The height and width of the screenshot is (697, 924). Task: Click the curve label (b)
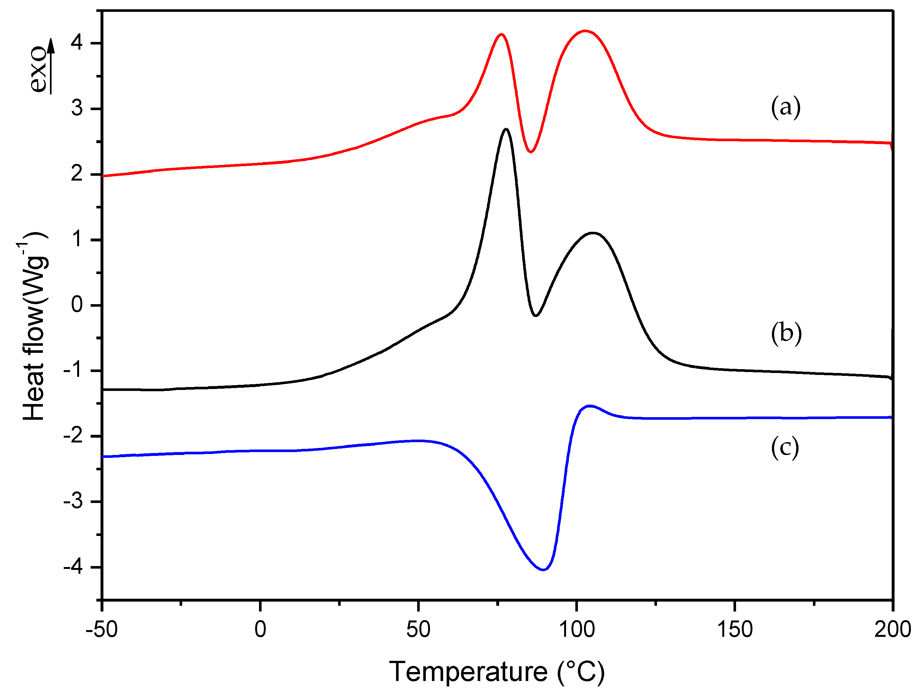coord(786,334)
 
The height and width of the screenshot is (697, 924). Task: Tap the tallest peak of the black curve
coord(506,129)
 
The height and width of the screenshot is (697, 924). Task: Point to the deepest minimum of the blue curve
coord(543,570)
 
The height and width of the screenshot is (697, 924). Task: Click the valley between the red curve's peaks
coord(531,151)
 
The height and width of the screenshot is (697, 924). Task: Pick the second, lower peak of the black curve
coord(592,233)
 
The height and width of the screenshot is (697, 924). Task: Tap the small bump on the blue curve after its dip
coord(590,406)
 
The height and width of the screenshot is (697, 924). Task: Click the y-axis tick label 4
coord(77,43)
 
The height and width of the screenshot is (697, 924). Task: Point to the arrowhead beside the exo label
coord(51,45)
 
